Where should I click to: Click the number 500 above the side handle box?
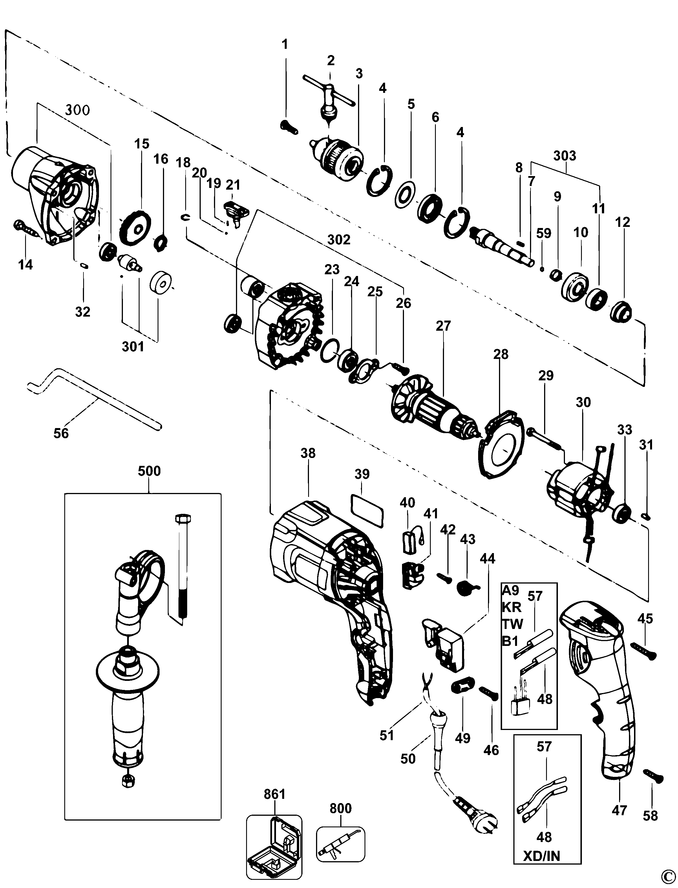[149, 471]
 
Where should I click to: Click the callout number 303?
[565, 155]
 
